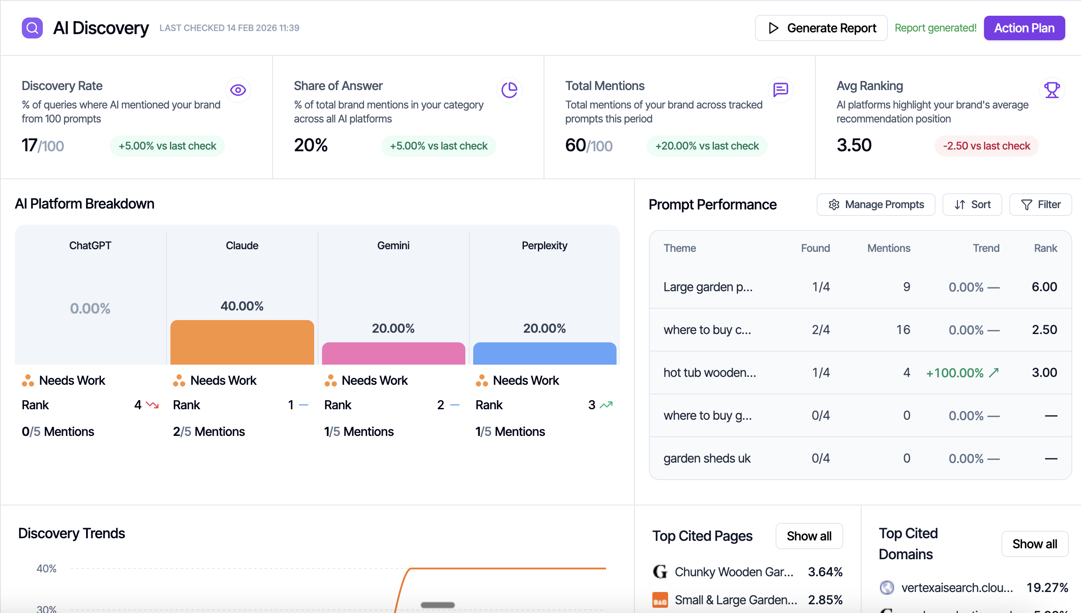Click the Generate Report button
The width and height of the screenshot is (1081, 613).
(x=821, y=28)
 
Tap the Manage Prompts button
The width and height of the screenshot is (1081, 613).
(x=876, y=205)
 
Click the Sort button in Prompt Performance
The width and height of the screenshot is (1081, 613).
(x=972, y=205)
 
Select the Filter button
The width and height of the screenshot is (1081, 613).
(x=1040, y=205)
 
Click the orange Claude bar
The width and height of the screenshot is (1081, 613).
(x=242, y=342)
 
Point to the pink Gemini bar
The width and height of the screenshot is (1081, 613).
(x=393, y=353)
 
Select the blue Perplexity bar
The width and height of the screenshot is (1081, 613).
(x=544, y=353)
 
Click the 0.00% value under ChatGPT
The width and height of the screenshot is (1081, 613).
(x=90, y=309)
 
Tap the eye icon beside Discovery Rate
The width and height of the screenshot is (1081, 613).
(x=238, y=90)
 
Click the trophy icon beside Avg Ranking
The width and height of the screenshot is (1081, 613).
(x=1052, y=90)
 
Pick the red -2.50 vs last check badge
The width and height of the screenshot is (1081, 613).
(x=986, y=146)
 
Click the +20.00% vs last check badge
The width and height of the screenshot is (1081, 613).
(x=707, y=146)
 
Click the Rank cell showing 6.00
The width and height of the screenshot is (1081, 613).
(x=1044, y=287)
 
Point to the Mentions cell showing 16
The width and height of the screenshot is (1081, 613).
(x=903, y=330)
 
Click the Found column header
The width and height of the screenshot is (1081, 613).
(x=815, y=248)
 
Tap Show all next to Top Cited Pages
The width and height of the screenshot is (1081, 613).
(x=809, y=536)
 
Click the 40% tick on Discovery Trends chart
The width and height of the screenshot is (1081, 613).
(x=46, y=569)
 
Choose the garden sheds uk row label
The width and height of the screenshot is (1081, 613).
(x=707, y=459)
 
